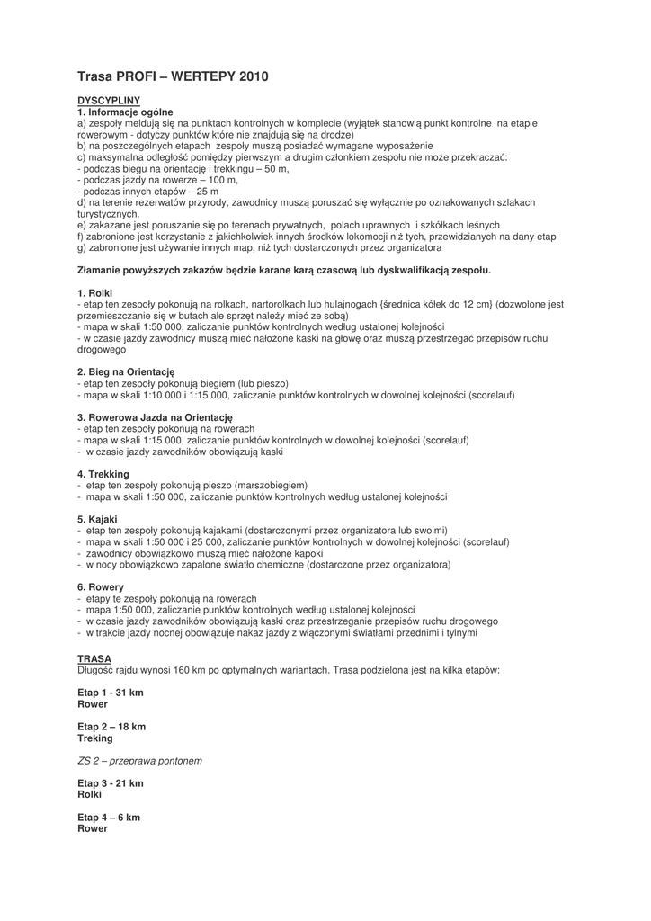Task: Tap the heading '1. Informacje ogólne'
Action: (x=124, y=112)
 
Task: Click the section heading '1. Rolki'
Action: (x=94, y=293)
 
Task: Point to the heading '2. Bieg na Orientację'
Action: (x=125, y=371)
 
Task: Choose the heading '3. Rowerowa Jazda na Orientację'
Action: (x=155, y=417)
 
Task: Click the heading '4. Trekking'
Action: (x=103, y=474)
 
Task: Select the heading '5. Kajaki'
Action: (x=97, y=519)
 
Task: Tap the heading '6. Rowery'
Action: (x=101, y=586)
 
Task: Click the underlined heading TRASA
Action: (x=94, y=658)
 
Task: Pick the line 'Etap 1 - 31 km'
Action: (x=110, y=693)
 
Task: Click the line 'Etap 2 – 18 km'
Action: (x=111, y=726)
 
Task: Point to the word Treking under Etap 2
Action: (x=95, y=738)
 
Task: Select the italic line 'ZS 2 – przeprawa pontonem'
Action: (x=139, y=760)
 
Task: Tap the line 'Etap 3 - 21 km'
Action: (x=110, y=783)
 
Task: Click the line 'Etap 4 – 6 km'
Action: (x=108, y=818)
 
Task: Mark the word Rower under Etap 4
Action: (x=93, y=828)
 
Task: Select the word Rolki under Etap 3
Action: (x=90, y=795)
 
